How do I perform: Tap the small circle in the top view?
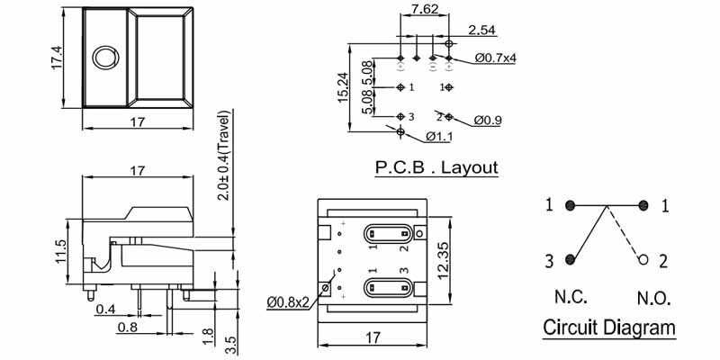105,58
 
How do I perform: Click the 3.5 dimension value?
231,343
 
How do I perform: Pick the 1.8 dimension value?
209,336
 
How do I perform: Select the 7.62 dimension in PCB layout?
425,11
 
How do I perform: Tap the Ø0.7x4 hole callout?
496,58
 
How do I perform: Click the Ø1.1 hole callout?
438,138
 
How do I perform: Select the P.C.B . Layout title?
435,167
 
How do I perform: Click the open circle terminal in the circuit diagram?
643,261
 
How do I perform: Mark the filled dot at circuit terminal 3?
570,260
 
